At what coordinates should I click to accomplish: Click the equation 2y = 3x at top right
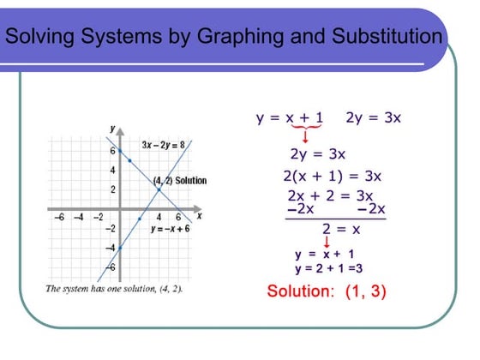pos(374,117)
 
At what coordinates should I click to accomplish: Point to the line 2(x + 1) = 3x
pos(332,177)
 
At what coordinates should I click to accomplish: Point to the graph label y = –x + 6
pos(169,230)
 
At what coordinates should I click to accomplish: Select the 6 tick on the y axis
pos(111,149)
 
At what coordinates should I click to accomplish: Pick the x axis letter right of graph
pos(199,216)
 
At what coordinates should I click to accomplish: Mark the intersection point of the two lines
pos(159,189)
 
